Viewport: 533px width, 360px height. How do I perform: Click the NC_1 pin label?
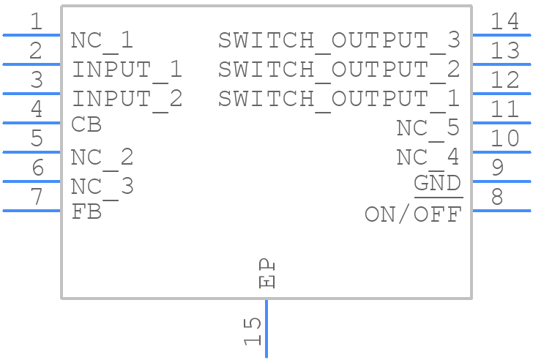(102, 41)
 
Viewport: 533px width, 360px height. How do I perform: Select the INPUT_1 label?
(127, 70)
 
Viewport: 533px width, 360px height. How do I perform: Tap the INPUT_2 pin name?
(127, 99)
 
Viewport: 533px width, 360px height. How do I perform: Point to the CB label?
(86, 125)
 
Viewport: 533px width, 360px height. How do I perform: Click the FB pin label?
(86, 212)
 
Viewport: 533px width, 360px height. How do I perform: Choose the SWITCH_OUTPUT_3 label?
(339, 41)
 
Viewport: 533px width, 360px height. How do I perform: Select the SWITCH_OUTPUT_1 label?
(339, 99)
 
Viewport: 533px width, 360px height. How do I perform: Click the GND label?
(437, 184)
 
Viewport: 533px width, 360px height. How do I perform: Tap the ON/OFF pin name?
(413, 214)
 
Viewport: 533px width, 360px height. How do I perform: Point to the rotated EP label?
(267, 272)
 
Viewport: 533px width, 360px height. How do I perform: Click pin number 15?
(252, 331)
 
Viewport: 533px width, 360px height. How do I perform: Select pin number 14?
(504, 22)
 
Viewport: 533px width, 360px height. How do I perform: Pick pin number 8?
(497, 197)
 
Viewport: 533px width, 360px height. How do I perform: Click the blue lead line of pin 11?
(502, 123)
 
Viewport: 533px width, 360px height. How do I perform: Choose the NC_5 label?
(428, 128)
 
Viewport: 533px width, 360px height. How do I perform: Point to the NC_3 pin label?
(102, 187)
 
